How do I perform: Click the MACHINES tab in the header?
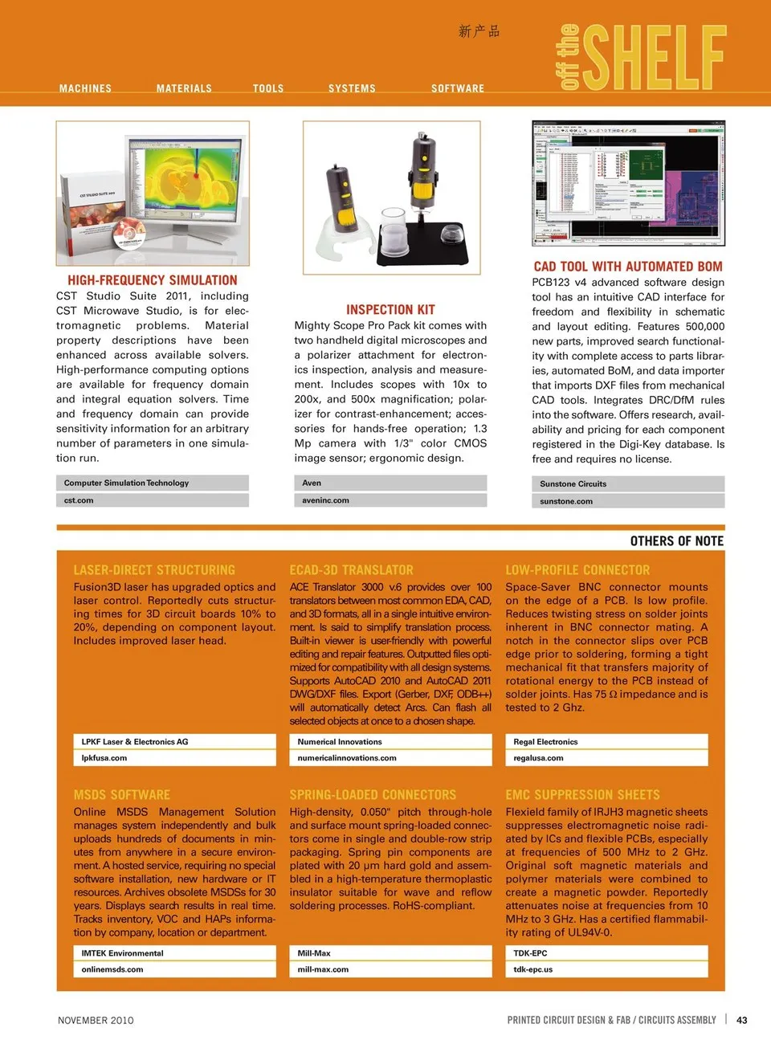85,88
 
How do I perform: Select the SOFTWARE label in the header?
458,88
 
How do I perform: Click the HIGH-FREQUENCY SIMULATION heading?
153,280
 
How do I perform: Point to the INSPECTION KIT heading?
390,310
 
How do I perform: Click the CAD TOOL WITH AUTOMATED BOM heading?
628,267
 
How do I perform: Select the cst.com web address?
79,500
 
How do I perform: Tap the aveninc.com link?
325,500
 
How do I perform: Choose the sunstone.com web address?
566,501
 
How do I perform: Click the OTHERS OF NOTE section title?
676,541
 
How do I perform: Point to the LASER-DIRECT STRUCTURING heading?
154,570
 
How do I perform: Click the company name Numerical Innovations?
340,742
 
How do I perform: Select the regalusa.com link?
538,758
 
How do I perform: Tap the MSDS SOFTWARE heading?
122,795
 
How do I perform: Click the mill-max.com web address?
323,969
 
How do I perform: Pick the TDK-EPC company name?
530,953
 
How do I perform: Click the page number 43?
742,1020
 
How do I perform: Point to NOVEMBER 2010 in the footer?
96,1020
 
